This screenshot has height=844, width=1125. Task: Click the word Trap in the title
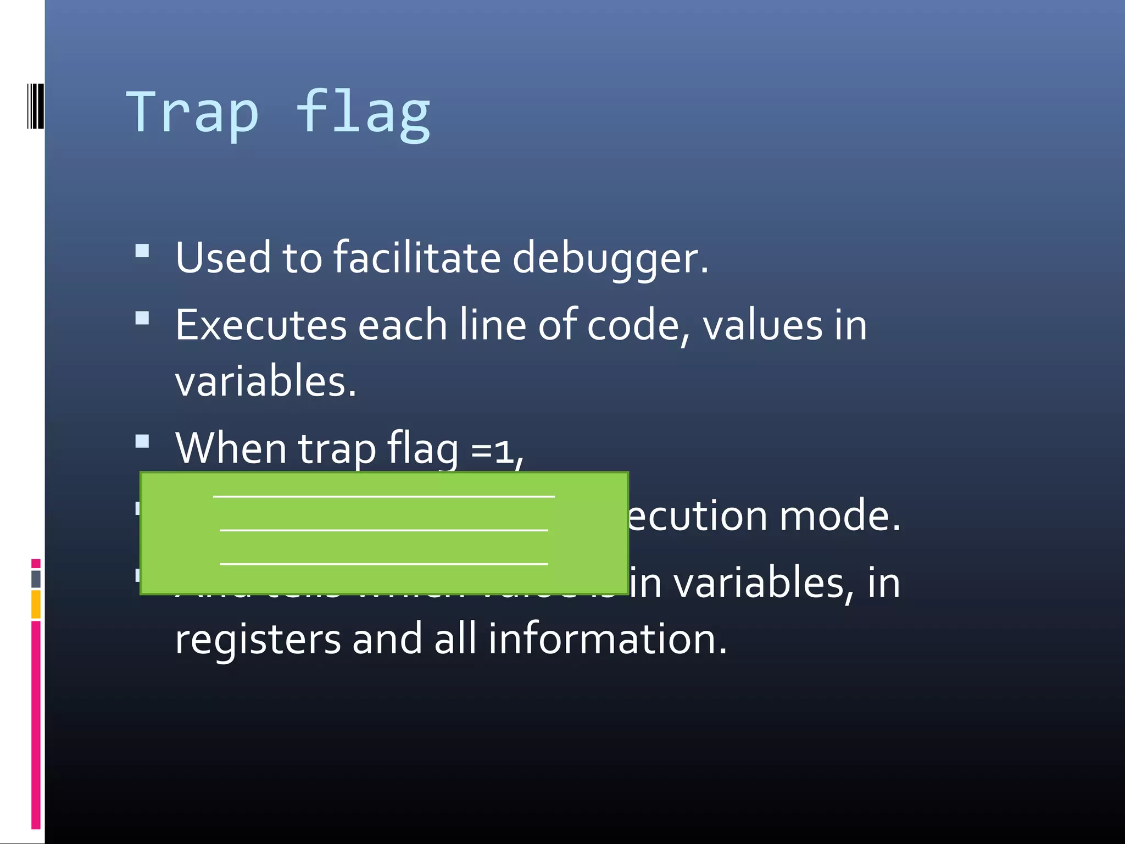point(192,113)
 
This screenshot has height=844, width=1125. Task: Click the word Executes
point(261,325)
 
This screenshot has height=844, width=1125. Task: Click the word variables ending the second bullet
point(265,381)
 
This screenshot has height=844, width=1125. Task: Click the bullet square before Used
point(142,252)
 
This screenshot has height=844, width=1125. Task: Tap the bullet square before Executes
point(142,319)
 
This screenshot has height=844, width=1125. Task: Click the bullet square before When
point(142,442)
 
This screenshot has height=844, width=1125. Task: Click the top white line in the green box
point(384,497)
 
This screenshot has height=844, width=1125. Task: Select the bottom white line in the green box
point(384,564)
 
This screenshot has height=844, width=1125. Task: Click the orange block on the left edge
point(36,604)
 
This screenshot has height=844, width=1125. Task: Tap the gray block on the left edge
point(36,579)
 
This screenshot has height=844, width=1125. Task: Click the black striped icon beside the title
point(35,105)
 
